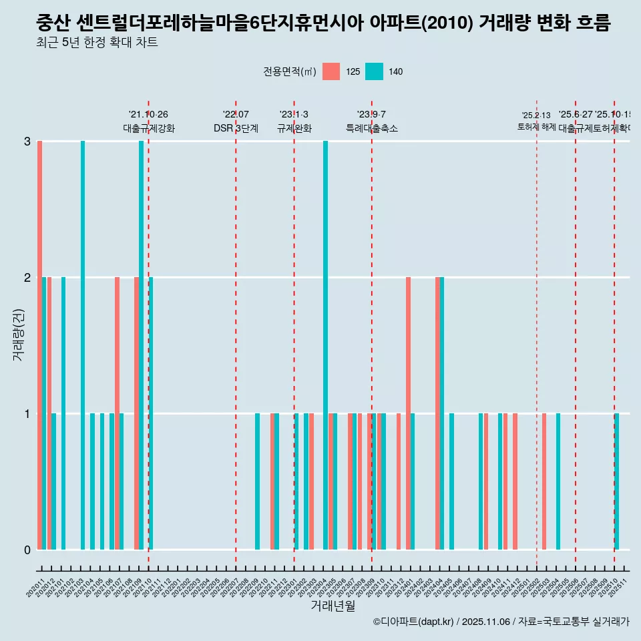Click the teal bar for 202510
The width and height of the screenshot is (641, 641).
(x=617, y=481)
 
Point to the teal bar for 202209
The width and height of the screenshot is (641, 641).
(x=258, y=481)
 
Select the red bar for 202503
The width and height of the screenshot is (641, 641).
(x=544, y=481)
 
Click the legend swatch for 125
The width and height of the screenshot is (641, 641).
(x=331, y=71)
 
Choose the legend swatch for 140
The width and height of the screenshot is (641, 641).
(x=374, y=71)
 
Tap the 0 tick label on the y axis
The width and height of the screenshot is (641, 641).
(x=27, y=550)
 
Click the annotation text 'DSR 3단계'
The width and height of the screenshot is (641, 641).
(x=236, y=128)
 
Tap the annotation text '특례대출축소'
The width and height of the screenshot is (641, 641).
(x=371, y=128)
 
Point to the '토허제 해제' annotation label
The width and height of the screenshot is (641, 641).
(x=536, y=126)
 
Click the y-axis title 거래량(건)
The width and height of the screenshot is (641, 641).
(x=18, y=334)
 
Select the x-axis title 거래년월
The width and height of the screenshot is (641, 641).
(x=333, y=606)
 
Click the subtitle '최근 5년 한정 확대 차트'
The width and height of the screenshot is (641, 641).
(x=97, y=43)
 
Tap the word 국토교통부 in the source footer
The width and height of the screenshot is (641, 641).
(x=564, y=622)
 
